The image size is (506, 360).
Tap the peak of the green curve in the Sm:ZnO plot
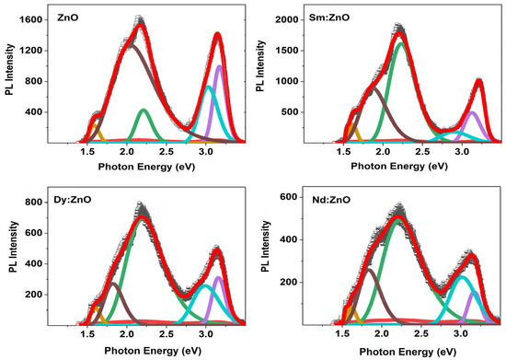tap(401, 42)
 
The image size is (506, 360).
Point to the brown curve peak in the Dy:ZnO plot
tap(112, 284)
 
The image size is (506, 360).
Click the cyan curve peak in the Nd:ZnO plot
tap(463, 276)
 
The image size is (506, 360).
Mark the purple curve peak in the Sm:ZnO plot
tap(472, 112)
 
